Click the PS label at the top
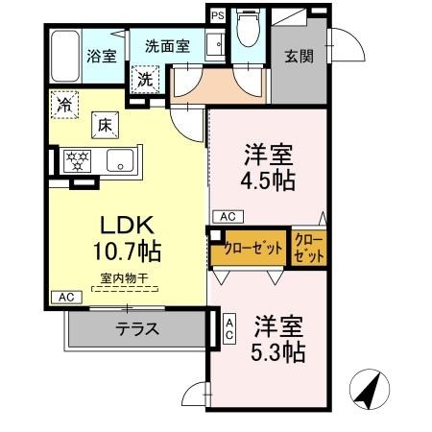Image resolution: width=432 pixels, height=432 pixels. click(217, 15)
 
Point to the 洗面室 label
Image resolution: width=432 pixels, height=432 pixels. click(167, 44)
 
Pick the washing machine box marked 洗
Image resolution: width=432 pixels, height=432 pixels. click(145, 79)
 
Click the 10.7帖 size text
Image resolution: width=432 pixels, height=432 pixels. click(127, 252)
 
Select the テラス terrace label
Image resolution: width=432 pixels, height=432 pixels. click(137, 329)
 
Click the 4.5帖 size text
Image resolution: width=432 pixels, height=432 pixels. click(267, 180)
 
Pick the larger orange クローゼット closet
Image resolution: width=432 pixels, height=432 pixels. click(252, 248)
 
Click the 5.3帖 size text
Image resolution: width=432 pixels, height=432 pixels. click(279, 352)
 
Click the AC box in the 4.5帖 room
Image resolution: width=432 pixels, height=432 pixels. click(228, 216)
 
